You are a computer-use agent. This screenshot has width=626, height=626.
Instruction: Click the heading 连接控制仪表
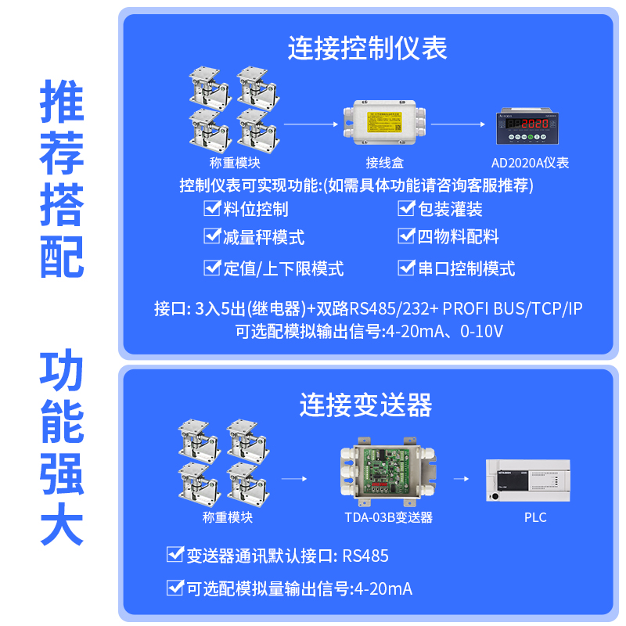click(x=367, y=49)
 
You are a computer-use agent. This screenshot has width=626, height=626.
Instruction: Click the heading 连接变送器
click(x=365, y=405)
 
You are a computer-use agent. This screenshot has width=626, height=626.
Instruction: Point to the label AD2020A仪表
click(x=530, y=164)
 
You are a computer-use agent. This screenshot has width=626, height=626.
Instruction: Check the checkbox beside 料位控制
click(x=211, y=208)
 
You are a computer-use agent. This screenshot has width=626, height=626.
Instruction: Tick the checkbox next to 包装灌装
click(x=406, y=208)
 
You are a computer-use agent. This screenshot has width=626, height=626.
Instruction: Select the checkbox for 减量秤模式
click(x=211, y=236)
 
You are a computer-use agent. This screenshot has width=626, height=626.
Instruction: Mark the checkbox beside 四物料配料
click(x=406, y=236)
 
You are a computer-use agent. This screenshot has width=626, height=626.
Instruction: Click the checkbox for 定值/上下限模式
click(x=211, y=268)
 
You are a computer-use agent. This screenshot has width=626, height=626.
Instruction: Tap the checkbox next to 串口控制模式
click(x=406, y=268)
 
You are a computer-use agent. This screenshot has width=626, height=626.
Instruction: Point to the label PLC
click(x=535, y=517)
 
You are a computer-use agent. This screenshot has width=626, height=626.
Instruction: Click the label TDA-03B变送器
click(x=389, y=517)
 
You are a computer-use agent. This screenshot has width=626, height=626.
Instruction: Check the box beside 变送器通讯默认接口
click(x=174, y=556)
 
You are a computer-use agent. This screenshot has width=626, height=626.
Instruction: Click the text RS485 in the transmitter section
click(x=365, y=556)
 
